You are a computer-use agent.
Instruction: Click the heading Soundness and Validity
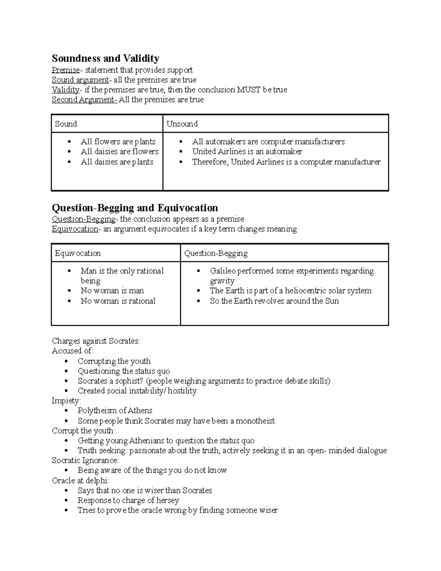(x=105, y=58)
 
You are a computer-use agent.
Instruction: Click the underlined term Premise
(x=65, y=70)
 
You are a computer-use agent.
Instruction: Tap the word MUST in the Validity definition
(x=248, y=90)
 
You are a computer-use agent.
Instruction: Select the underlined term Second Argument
(x=84, y=100)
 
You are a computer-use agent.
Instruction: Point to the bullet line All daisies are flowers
(x=119, y=151)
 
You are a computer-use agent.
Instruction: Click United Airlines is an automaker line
(x=247, y=151)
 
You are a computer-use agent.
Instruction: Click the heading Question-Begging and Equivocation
(x=135, y=208)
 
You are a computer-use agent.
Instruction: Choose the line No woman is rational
(x=118, y=301)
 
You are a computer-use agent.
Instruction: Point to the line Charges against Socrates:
(x=96, y=341)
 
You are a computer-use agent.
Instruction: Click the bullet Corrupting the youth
(x=114, y=361)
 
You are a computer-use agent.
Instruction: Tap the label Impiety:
(x=66, y=400)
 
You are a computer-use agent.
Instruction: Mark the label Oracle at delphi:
(x=80, y=480)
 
